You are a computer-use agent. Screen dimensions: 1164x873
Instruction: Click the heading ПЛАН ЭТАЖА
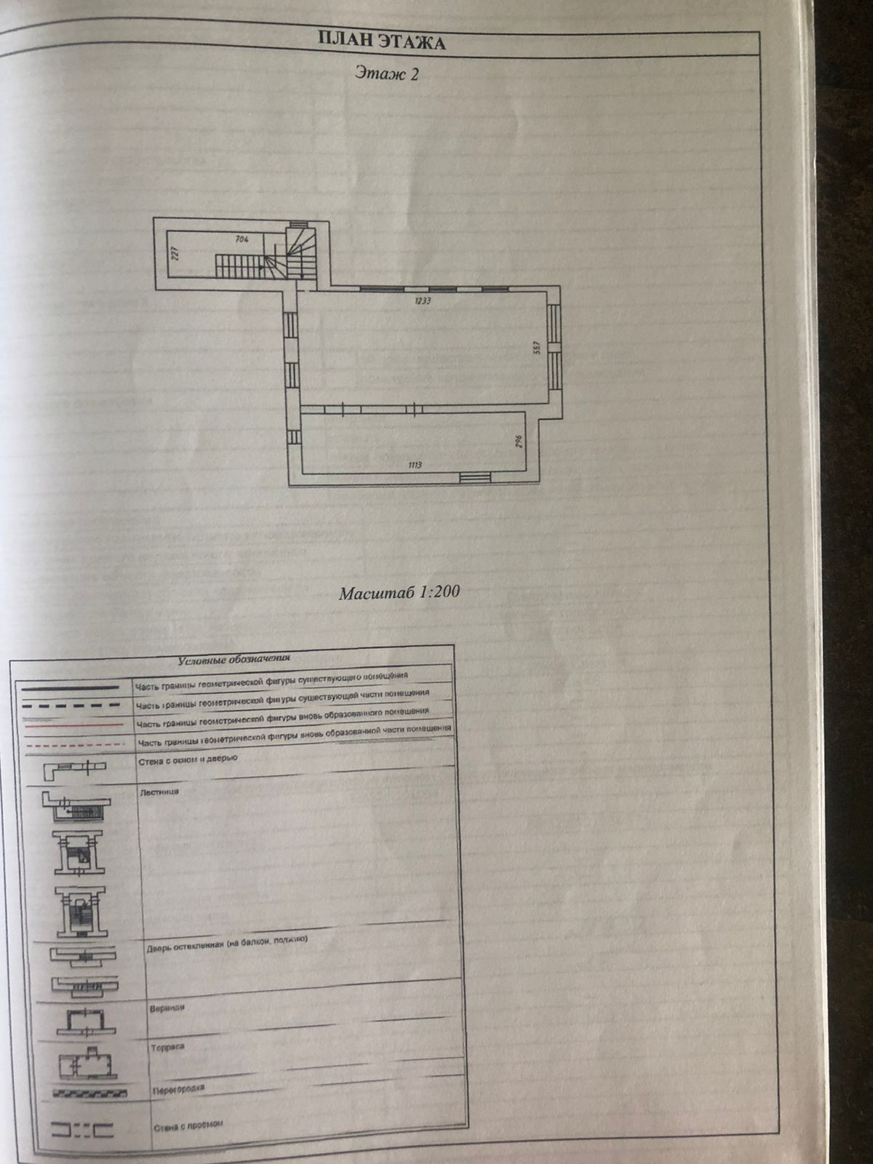tap(382, 41)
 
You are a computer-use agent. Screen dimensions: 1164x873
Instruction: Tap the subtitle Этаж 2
tap(387, 73)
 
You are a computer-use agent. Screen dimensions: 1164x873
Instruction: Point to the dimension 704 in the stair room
tap(244, 239)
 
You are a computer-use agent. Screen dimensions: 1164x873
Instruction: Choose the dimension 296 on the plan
tap(519, 442)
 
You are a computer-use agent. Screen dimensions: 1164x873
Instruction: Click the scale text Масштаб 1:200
tap(399, 592)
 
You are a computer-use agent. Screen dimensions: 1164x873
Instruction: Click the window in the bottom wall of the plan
tap(476, 477)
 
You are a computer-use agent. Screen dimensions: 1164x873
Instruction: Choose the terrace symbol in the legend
tap(89, 1064)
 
